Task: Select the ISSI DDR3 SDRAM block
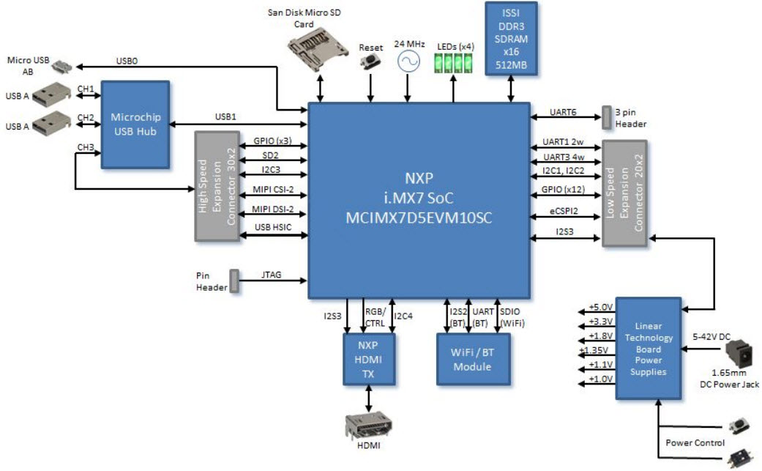click(x=511, y=39)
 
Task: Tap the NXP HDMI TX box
click(x=369, y=359)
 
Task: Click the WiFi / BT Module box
click(x=471, y=359)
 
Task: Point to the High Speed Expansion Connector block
click(x=218, y=186)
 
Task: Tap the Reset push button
click(x=371, y=63)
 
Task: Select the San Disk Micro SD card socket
click(x=319, y=48)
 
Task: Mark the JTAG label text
click(x=272, y=277)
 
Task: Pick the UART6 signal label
click(x=563, y=112)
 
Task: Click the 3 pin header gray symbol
click(x=607, y=115)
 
